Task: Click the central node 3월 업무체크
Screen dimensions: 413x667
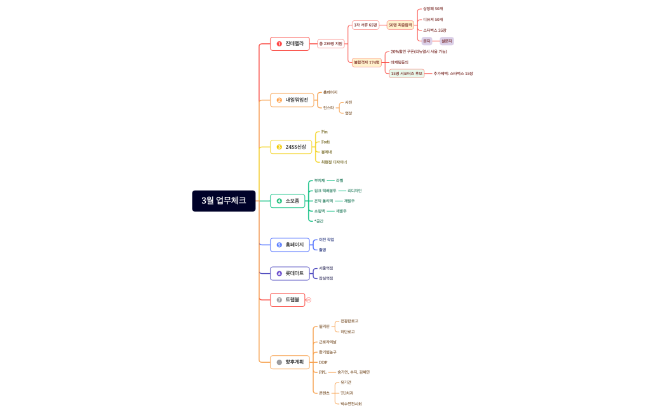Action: point(224,201)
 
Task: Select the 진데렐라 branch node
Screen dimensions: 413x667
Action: point(290,44)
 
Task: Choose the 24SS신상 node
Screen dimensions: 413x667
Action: point(291,147)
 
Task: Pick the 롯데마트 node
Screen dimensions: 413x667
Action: point(290,273)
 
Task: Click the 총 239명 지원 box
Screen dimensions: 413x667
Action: point(331,44)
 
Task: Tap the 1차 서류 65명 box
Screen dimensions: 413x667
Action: point(365,25)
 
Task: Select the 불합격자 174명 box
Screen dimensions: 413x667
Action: point(367,62)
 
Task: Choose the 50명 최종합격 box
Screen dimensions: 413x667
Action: point(401,25)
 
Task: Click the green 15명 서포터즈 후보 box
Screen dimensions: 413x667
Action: point(407,74)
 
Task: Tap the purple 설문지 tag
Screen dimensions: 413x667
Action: point(447,41)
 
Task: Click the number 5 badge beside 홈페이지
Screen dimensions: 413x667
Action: point(280,245)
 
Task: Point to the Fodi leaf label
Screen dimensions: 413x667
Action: point(325,142)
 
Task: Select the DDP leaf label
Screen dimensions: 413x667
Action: point(323,362)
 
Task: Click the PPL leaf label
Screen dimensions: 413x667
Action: point(323,372)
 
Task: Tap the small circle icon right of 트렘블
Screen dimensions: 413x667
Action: point(309,299)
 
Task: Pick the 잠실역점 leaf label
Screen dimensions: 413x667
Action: point(326,278)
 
